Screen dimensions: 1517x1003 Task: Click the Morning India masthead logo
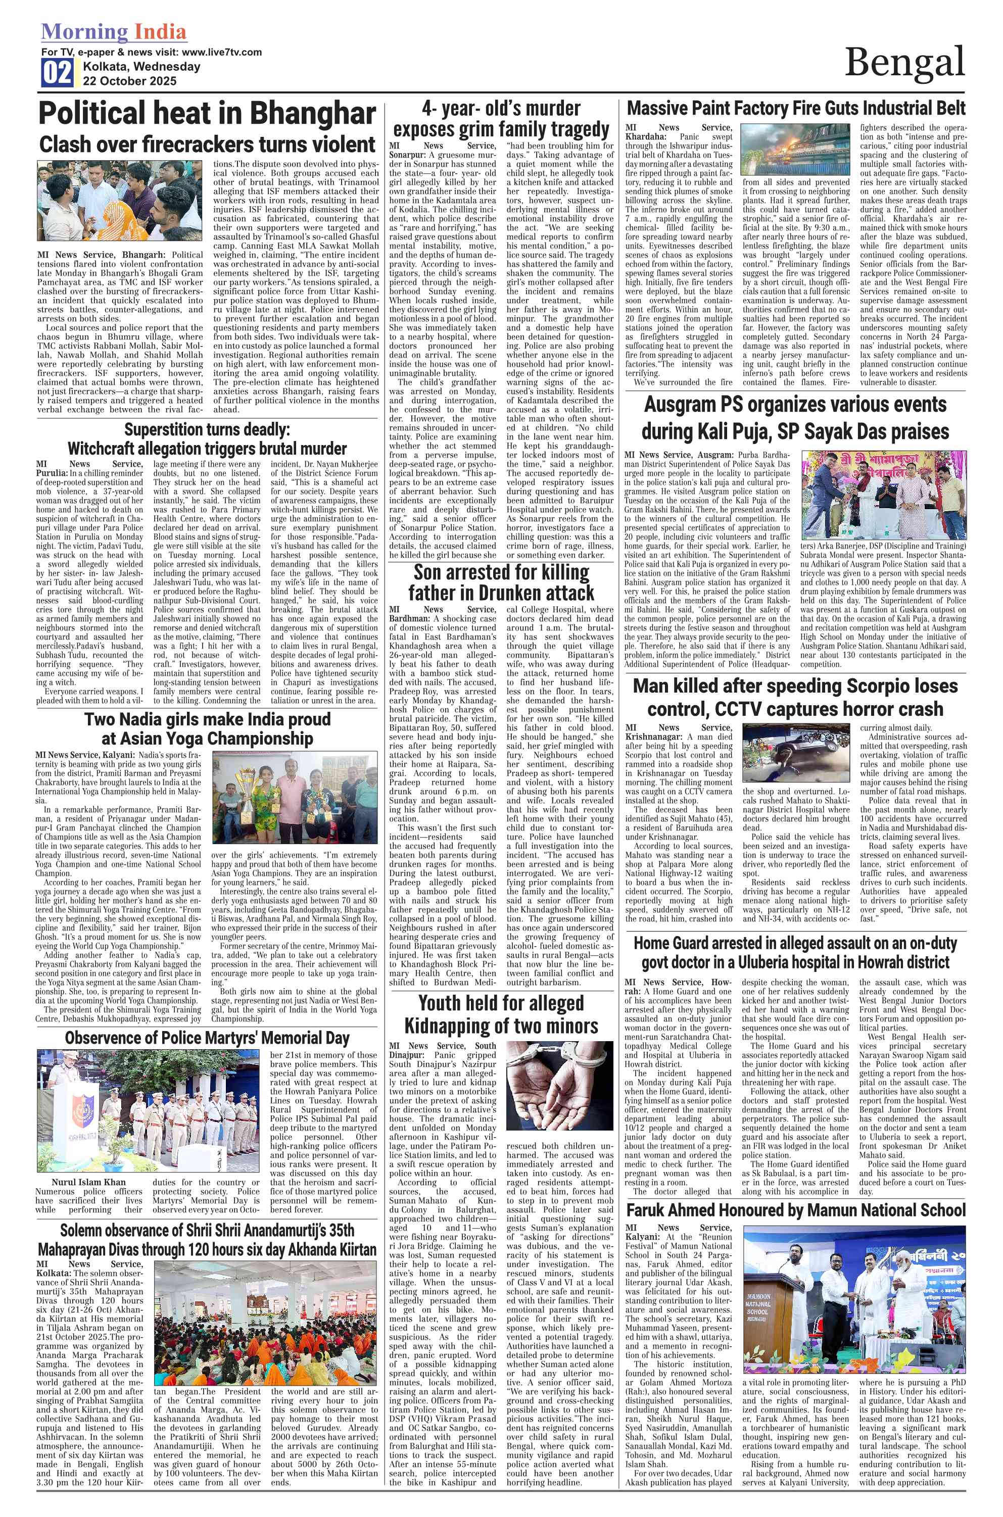pyautogui.click(x=114, y=31)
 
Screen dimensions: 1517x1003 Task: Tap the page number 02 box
pyautogui.click(x=57, y=73)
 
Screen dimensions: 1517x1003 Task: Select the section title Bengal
pyautogui.click(x=904, y=63)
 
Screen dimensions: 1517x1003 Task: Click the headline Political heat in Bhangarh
pyautogui.click(x=207, y=113)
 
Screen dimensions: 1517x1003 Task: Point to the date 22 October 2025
pyautogui.click(x=129, y=81)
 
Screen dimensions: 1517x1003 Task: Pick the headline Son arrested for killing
pyautogui.click(x=501, y=571)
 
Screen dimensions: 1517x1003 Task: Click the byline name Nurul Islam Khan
pyautogui.click(x=89, y=1182)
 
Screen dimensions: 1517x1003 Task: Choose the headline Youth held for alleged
pyautogui.click(x=501, y=1002)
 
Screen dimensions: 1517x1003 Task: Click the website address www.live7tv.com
pyautogui.click(x=222, y=52)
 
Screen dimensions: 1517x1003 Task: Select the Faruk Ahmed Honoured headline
pyautogui.click(x=795, y=1210)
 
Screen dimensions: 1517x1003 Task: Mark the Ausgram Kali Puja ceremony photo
pyautogui.click(x=883, y=496)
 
